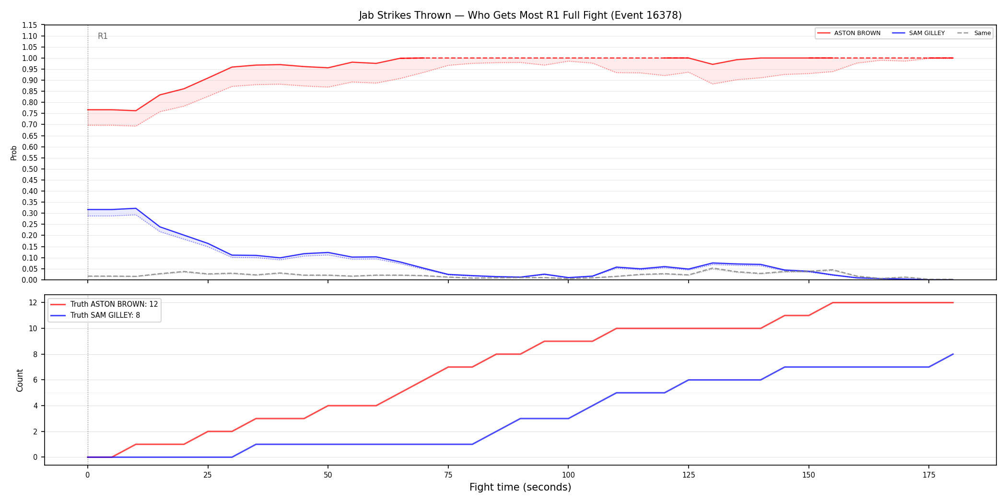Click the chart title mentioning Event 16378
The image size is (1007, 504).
click(x=520, y=15)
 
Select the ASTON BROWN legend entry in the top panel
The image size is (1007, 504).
click(x=849, y=33)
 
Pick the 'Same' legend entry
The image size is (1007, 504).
click(x=974, y=33)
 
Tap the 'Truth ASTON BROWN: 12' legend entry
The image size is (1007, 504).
click(x=105, y=304)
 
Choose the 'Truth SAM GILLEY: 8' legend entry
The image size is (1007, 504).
click(x=96, y=315)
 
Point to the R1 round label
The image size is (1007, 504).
click(x=103, y=36)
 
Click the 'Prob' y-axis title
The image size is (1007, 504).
click(x=14, y=153)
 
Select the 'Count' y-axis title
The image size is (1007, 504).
click(x=20, y=380)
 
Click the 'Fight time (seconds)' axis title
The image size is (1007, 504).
click(x=520, y=487)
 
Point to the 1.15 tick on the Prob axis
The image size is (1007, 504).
click(x=30, y=25)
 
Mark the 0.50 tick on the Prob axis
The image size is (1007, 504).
click(x=30, y=169)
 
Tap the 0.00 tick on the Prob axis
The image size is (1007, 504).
click(x=30, y=280)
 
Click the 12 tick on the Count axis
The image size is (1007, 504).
click(x=33, y=302)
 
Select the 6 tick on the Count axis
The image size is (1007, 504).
click(x=35, y=380)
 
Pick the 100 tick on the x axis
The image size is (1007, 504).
click(x=568, y=475)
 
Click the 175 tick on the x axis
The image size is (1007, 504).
click(x=929, y=475)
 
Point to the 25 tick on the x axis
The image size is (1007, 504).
click(x=208, y=475)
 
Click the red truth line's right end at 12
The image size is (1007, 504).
click(x=953, y=302)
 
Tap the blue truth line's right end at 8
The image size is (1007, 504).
click(x=953, y=354)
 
